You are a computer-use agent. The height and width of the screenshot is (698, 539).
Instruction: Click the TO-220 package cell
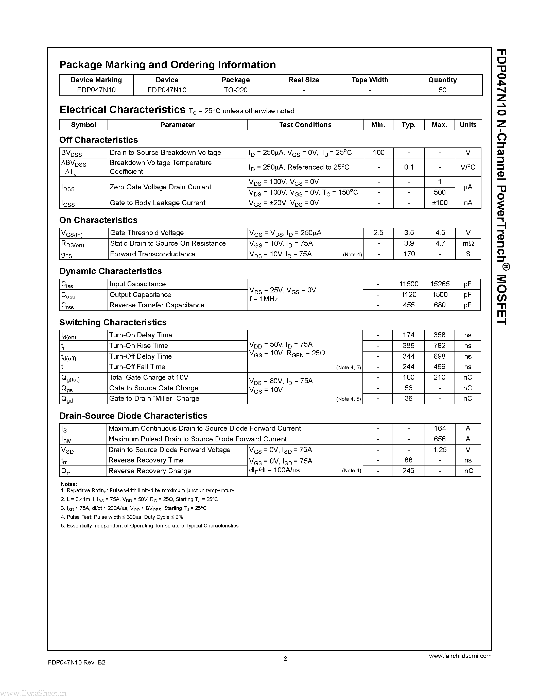(x=236, y=90)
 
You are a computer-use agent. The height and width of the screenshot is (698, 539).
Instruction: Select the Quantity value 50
(x=442, y=90)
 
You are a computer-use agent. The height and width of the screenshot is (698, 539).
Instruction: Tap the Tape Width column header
(x=370, y=80)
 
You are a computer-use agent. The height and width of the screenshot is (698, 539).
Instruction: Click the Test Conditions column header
(x=305, y=125)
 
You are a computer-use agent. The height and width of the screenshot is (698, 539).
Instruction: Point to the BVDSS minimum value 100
(x=378, y=153)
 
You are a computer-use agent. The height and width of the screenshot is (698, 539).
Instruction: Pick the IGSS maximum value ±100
(x=440, y=203)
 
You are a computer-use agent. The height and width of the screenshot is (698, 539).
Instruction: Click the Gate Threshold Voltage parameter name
(x=147, y=233)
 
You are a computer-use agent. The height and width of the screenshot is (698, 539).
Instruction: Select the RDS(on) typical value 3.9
(x=409, y=243)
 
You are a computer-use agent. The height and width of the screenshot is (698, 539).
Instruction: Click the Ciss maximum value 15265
(x=440, y=284)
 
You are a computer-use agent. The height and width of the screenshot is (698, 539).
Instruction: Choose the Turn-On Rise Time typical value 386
(x=408, y=345)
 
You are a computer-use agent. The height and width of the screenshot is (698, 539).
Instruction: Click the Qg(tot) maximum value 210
(x=439, y=377)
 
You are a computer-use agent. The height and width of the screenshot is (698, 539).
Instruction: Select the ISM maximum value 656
(x=440, y=439)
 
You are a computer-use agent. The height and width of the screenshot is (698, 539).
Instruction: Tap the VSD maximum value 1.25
(x=440, y=450)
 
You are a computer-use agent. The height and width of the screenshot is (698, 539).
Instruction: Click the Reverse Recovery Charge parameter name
(x=150, y=471)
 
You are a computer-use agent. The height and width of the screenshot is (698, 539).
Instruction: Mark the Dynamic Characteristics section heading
(x=111, y=271)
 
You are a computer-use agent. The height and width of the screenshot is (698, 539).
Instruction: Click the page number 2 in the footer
(x=285, y=658)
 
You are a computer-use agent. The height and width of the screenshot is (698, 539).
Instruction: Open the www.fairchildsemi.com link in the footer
(x=460, y=656)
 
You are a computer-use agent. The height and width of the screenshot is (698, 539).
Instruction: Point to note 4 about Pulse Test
(x=122, y=517)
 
